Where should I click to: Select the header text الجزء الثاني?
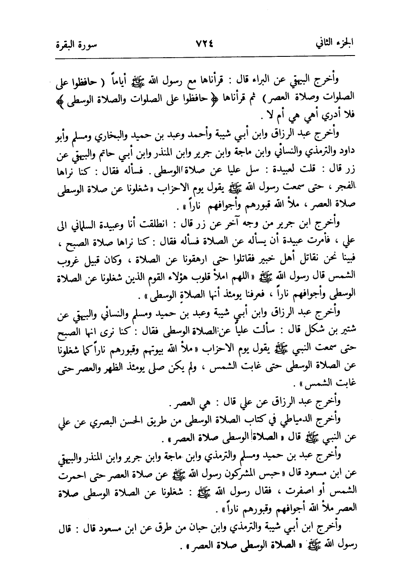coord(334,44)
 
